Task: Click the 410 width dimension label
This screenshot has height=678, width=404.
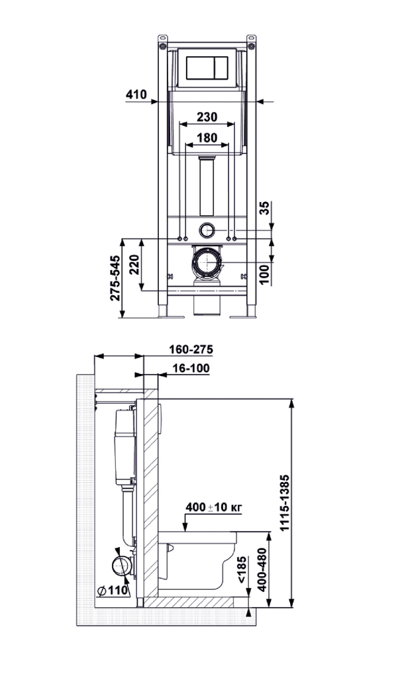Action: [x=136, y=94]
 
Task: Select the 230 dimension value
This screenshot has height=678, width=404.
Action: [x=207, y=117]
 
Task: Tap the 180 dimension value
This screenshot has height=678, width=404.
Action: [x=207, y=138]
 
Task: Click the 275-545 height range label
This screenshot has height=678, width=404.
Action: [x=115, y=277]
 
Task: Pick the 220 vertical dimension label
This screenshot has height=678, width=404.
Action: [x=134, y=265]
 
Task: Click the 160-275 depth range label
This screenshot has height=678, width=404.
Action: [x=191, y=349]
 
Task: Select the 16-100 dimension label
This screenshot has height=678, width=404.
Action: [x=191, y=368]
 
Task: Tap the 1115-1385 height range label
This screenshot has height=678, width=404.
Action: [x=284, y=503]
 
